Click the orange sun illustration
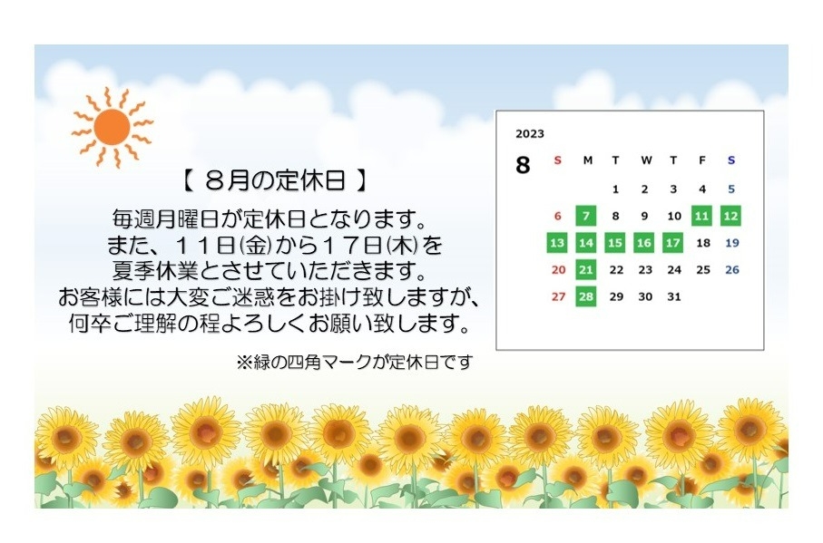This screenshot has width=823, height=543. pyautogui.click(x=112, y=127)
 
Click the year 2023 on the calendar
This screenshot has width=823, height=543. pyautogui.click(x=530, y=133)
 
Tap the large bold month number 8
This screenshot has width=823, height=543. pyautogui.click(x=523, y=165)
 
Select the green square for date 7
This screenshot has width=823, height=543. pyautogui.click(x=586, y=216)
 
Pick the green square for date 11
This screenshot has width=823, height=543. pyautogui.click(x=701, y=216)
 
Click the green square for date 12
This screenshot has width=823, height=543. pyautogui.click(x=730, y=216)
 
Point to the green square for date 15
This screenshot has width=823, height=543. pyautogui.click(x=614, y=243)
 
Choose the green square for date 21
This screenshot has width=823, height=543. pyautogui.click(x=586, y=269)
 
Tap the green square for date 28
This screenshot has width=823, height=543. pyautogui.click(x=586, y=296)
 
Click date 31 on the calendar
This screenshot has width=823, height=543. pyautogui.click(x=674, y=296)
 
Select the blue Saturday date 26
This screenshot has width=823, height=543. pyautogui.click(x=731, y=269)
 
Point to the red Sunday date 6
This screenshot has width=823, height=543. pyautogui.click(x=558, y=216)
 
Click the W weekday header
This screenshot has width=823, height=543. pyautogui.click(x=646, y=160)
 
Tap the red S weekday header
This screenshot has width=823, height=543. pyautogui.click(x=558, y=160)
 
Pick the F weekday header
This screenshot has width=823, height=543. pyautogui.click(x=702, y=160)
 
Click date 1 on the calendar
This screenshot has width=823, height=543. pyautogui.click(x=616, y=189)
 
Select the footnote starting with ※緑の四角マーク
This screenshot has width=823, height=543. pyautogui.click(x=355, y=362)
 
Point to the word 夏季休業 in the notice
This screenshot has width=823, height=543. pyautogui.click(x=155, y=271)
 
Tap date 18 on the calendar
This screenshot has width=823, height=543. pyautogui.click(x=703, y=243)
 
